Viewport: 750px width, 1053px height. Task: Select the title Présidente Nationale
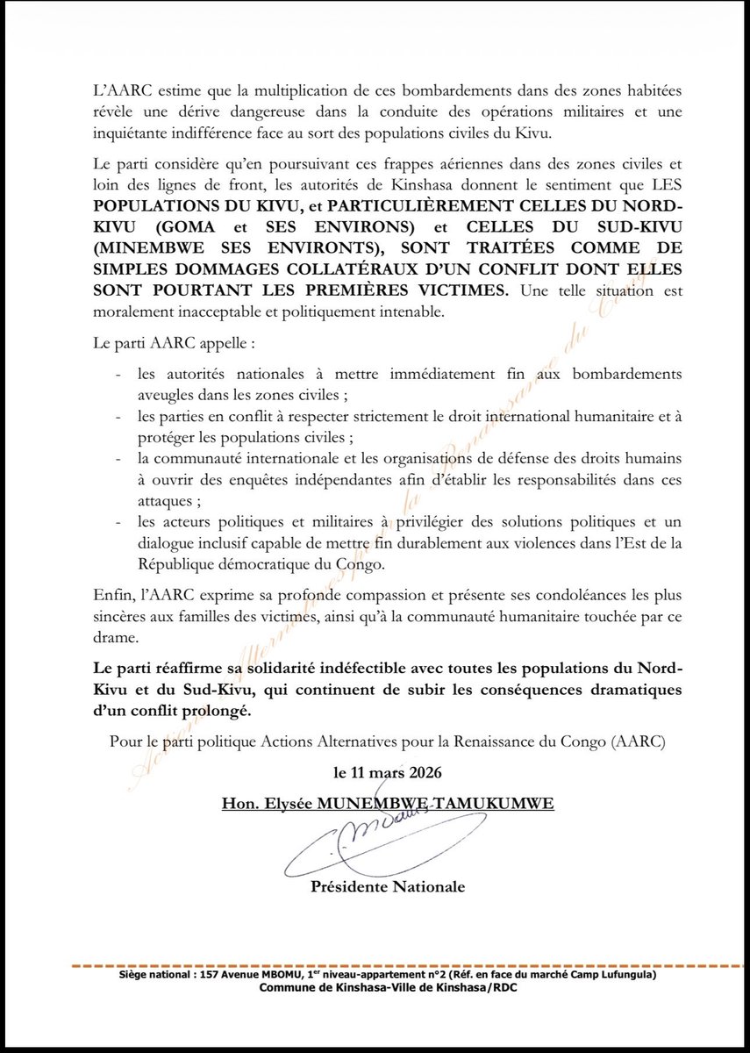pyautogui.click(x=388, y=887)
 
